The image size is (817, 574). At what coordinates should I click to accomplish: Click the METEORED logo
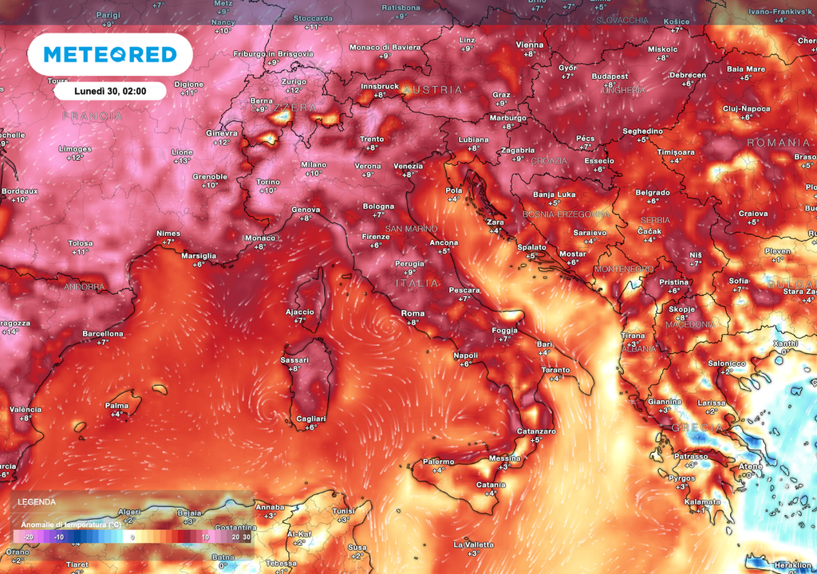point(109,54)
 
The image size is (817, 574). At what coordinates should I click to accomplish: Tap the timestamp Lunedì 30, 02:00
point(110,91)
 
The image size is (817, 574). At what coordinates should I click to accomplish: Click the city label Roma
point(412,313)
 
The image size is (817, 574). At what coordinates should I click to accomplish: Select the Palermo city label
point(438,462)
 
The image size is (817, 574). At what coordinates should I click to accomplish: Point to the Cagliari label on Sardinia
point(310,419)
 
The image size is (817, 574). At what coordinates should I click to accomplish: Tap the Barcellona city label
point(103,333)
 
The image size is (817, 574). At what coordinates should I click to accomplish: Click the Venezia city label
point(408,166)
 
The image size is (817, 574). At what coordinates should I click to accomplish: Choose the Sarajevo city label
point(590,233)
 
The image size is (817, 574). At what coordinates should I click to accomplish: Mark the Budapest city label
point(610,77)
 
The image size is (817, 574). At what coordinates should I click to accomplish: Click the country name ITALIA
point(417,283)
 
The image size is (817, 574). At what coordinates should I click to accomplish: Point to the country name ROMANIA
point(778,142)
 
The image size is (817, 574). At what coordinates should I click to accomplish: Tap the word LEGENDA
point(37,502)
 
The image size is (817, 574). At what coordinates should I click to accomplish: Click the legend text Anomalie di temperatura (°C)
point(72,524)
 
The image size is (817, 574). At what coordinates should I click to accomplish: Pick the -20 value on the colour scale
point(29,537)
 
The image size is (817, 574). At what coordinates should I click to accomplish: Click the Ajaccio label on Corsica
point(299,312)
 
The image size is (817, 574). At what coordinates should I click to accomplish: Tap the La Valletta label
point(473,545)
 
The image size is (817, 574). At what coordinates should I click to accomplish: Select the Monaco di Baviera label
point(385,47)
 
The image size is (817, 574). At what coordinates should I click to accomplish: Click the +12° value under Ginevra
point(221,142)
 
